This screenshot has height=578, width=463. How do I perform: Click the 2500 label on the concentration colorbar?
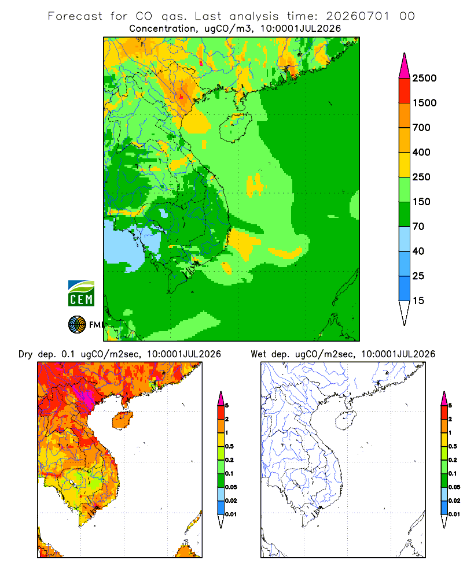click(x=424, y=78)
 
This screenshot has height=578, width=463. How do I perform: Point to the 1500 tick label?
click(x=424, y=103)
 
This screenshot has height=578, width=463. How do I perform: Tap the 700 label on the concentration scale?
click(x=421, y=128)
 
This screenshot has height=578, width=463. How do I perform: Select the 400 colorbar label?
click(x=421, y=152)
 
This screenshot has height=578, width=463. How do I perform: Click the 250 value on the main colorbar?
click(x=421, y=177)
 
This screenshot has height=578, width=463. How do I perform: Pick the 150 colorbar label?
click(x=421, y=202)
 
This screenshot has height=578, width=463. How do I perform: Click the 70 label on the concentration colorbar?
click(x=418, y=227)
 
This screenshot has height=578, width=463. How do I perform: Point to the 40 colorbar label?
click(x=418, y=251)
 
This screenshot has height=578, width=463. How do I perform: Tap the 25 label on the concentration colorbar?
click(x=418, y=276)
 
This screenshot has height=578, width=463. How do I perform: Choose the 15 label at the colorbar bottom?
click(x=418, y=301)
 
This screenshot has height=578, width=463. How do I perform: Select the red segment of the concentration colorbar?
click(x=405, y=91)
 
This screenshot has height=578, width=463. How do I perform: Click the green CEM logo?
click(x=81, y=294)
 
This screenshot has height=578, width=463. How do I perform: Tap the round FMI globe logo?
click(x=77, y=325)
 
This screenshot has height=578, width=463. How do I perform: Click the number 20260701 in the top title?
click(x=358, y=16)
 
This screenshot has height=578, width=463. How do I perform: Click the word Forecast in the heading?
click(x=75, y=16)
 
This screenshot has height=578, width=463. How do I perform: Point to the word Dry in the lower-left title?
click(x=25, y=354)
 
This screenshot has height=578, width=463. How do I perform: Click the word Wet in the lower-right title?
click(x=259, y=354)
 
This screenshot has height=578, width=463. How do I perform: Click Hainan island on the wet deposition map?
click(x=346, y=421)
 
